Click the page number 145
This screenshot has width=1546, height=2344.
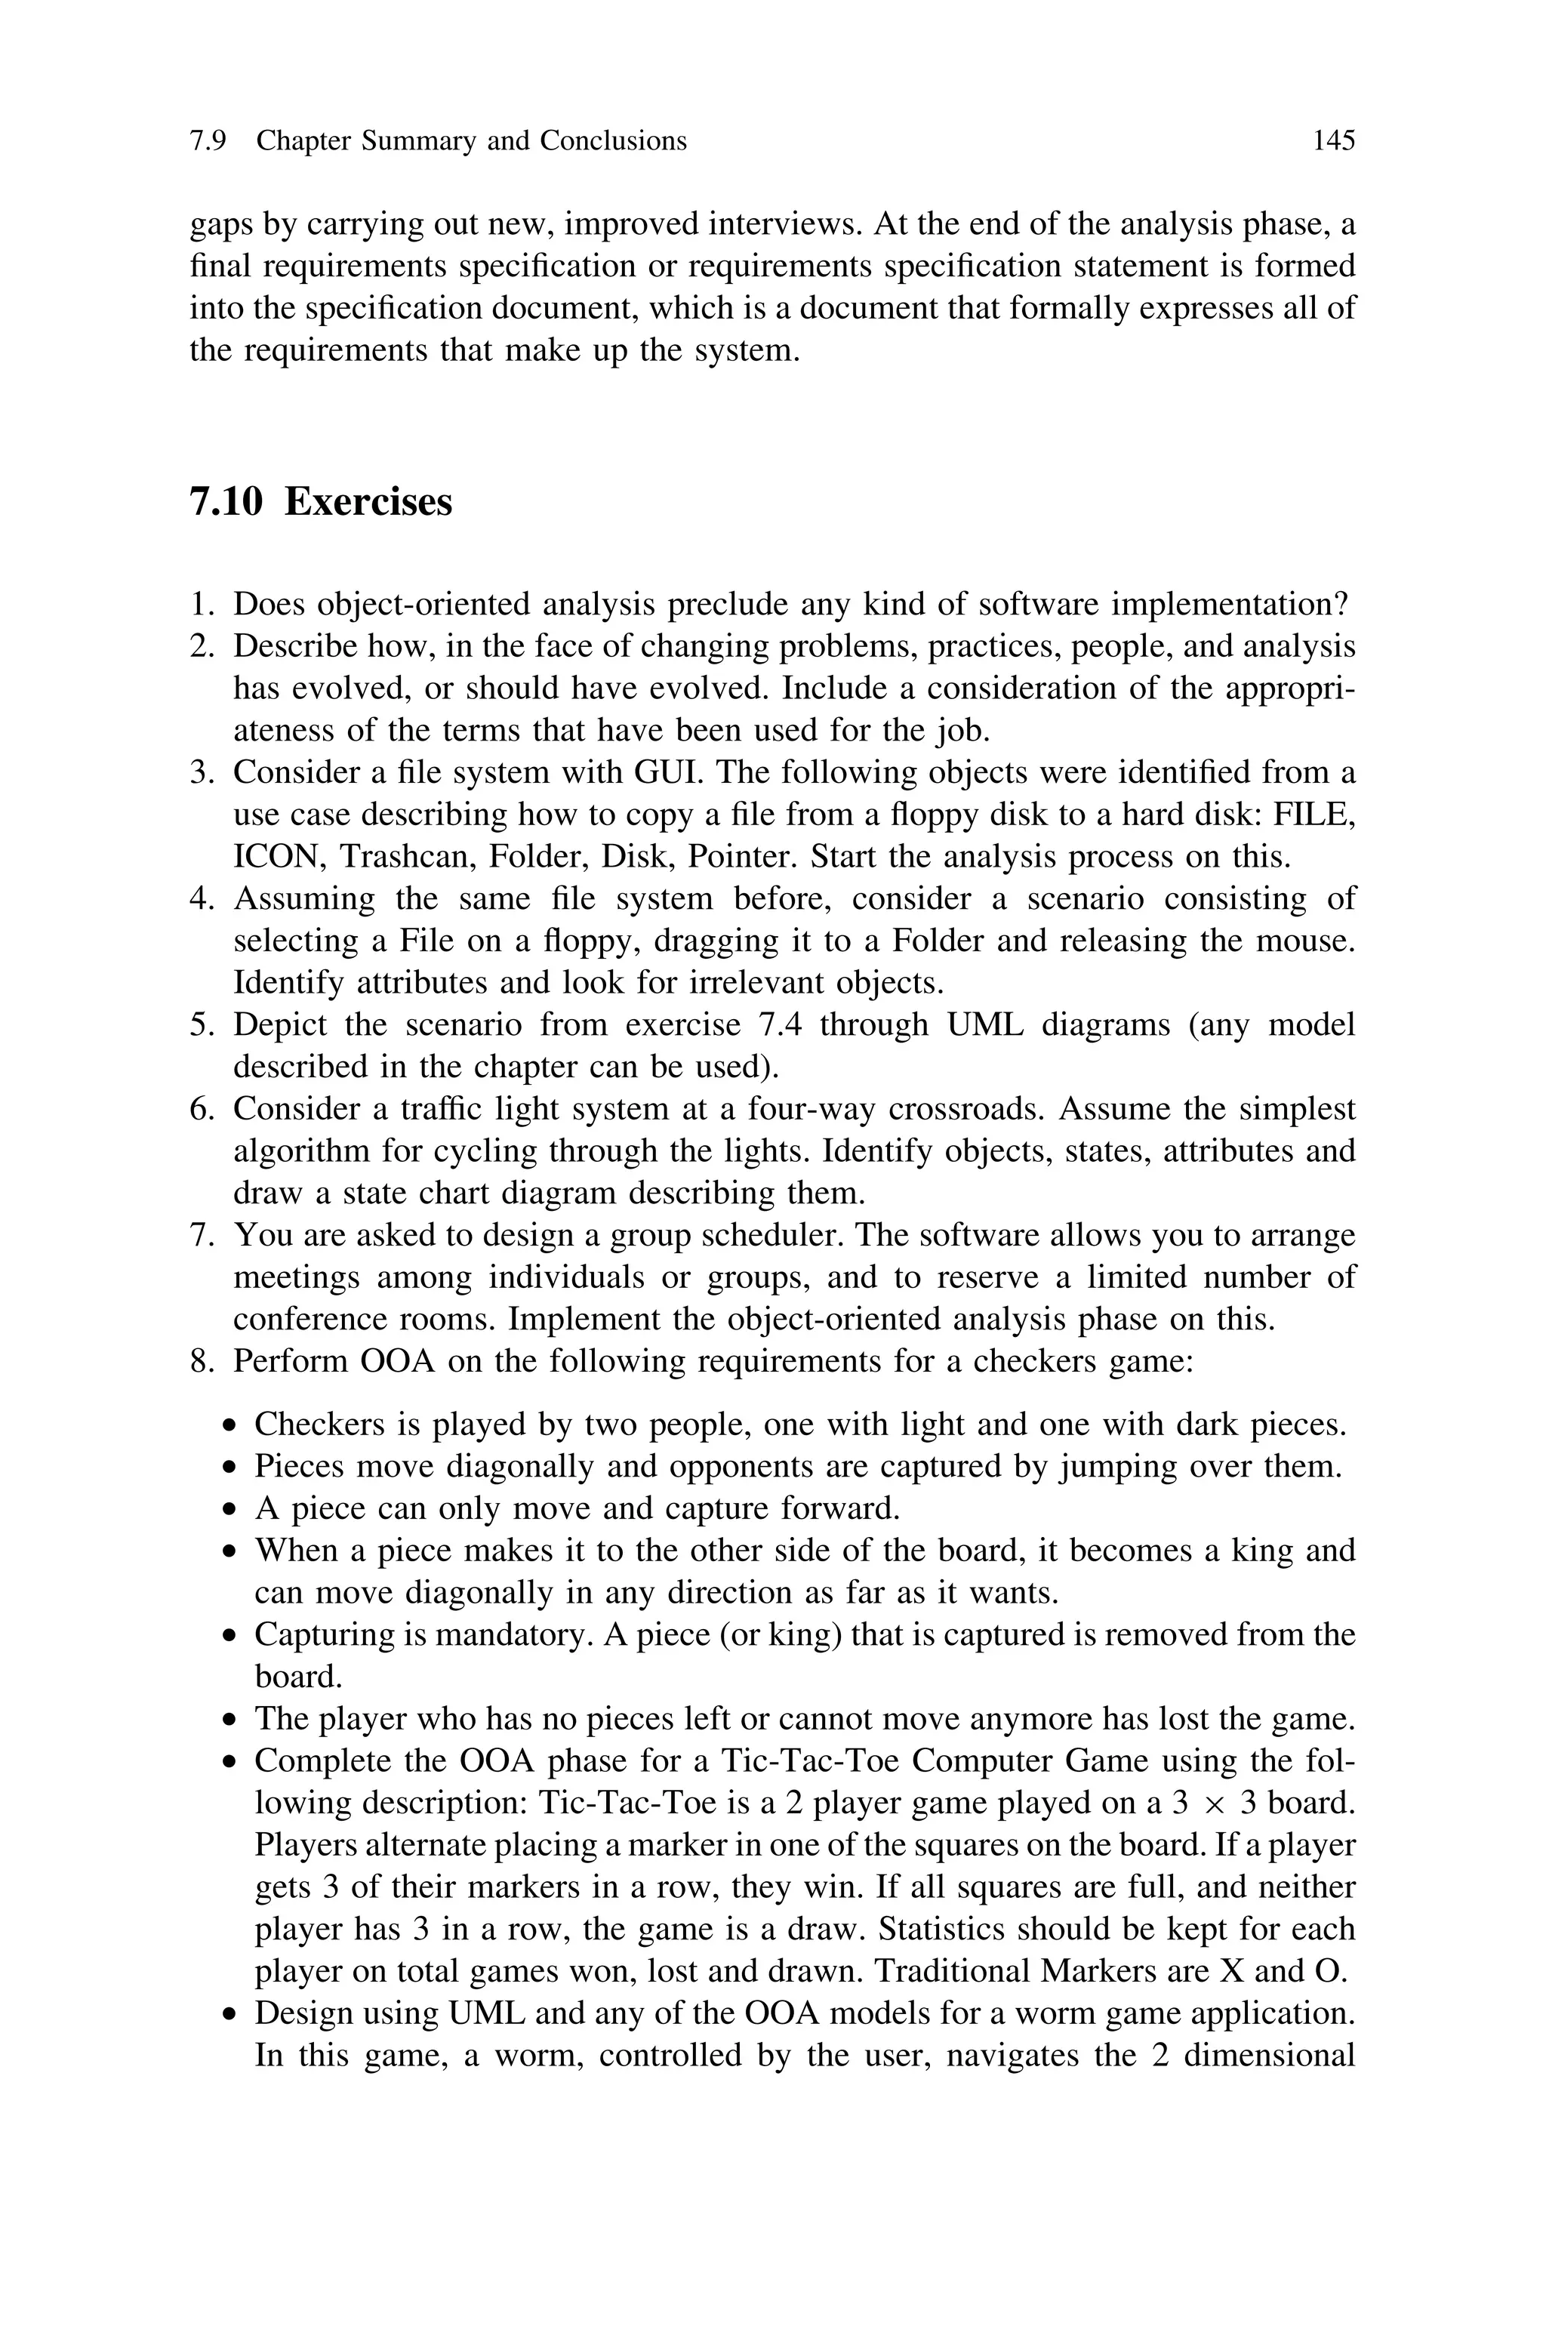pos(1333,142)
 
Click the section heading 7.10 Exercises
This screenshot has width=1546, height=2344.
pos(320,503)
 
